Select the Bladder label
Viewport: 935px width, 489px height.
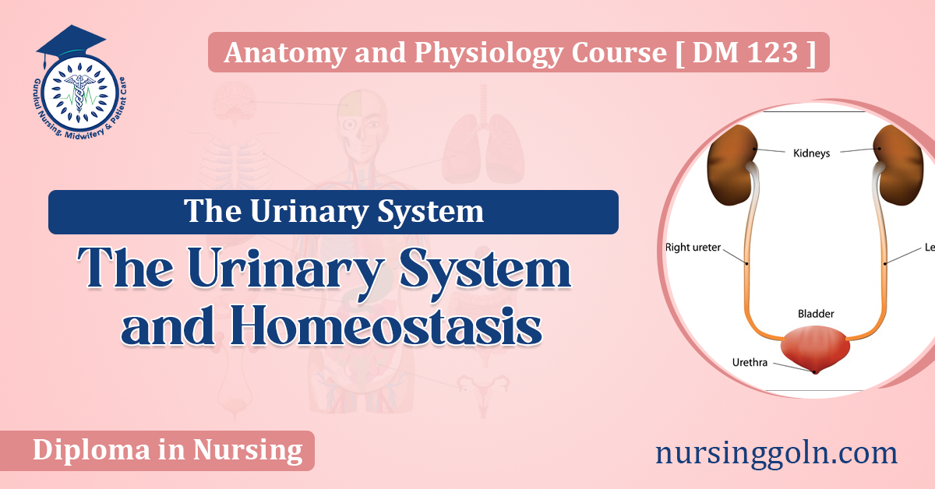click(x=815, y=313)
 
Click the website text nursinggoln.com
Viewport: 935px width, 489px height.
click(x=776, y=452)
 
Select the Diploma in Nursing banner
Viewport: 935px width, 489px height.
click(x=168, y=450)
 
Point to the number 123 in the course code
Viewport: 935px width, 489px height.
click(x=771, y=54)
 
